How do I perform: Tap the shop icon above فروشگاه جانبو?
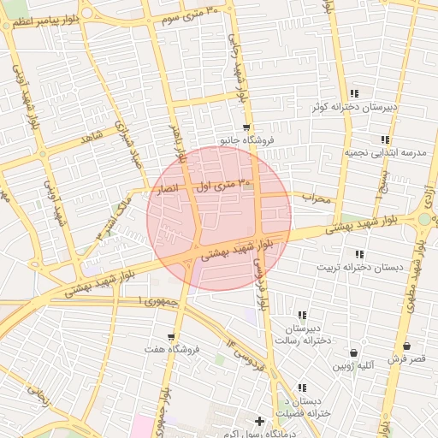point(246,127)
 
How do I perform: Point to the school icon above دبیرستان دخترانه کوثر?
point(354,94)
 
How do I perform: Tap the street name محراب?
point(316,198)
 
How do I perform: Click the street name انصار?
point(164,188)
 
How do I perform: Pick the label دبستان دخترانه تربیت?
point(360,267)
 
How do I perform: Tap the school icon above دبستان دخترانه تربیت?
point(359,254)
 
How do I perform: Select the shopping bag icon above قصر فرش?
point(405,346)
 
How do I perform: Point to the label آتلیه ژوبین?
point(353,366)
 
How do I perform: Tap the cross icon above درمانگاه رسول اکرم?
point(259,421)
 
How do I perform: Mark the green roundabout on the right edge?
point(424,220)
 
